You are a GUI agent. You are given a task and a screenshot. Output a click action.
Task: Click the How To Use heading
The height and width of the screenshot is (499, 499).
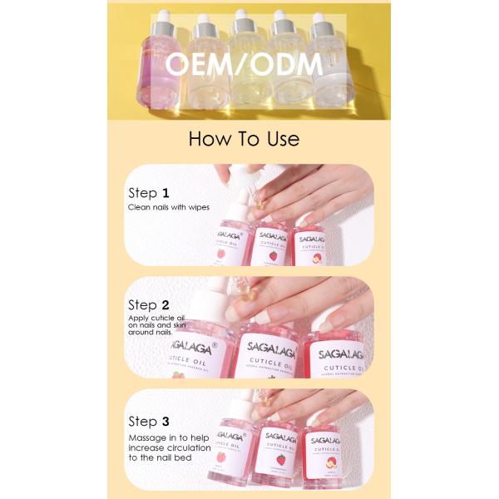[244, 138]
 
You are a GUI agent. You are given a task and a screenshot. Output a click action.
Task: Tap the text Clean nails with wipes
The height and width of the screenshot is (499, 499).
[168, 207]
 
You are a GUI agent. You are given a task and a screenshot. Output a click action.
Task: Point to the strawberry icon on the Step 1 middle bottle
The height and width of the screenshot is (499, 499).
[273, 255]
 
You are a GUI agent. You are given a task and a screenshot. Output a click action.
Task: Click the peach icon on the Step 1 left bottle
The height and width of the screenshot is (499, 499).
[222, 254]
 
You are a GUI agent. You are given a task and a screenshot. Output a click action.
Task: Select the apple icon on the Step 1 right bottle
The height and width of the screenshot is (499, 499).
[317, 257]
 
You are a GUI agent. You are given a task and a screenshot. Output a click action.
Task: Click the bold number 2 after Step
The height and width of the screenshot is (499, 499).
[166, 304]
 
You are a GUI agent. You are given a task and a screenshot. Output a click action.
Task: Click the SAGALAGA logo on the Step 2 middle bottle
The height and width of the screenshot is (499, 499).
[268, 343]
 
